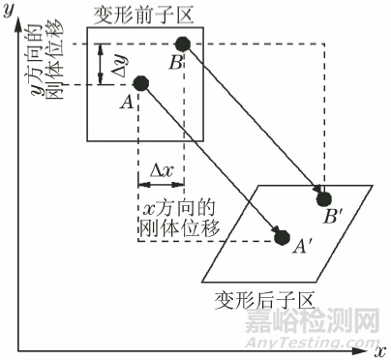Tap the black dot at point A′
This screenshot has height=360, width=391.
282,236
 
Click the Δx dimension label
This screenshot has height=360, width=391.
162,170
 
